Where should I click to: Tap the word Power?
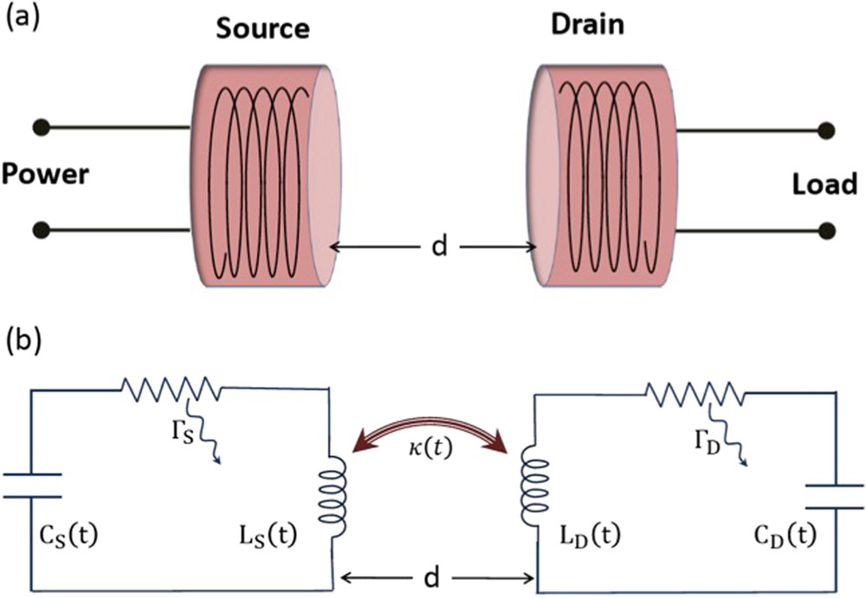45,176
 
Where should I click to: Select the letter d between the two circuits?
439,575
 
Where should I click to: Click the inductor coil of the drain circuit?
527,495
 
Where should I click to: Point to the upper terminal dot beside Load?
826,132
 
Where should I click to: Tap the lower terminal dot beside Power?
39,229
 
